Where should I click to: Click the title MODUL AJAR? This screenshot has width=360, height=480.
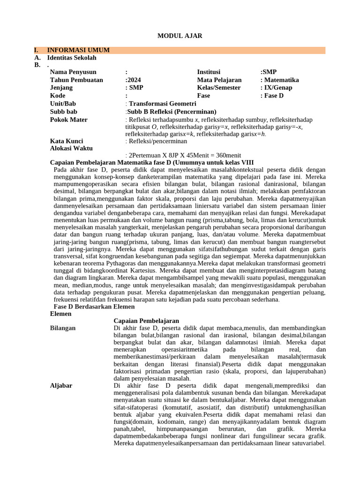(x=180, y=36)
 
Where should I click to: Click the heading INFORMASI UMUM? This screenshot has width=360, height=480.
(x=78, y=50)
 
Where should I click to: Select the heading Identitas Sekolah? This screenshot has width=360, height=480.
(x=72, y=58)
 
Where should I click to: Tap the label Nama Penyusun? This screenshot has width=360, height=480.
(x=73, y=72)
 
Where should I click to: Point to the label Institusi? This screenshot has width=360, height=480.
(x=209, y=72)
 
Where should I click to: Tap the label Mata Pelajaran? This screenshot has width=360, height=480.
(x=219, y=80)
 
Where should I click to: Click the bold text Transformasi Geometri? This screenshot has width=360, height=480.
(x=163, y=104)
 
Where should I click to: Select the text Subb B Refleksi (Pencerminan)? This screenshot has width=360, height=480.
(x=172, y=112)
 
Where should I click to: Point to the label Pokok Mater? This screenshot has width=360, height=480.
(x=69, y=120)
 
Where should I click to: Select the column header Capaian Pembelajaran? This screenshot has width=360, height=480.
(x=146, y=321)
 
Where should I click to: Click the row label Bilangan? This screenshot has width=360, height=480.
(x=63, y=328)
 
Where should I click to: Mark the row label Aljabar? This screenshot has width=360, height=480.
(x=61, y=385)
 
